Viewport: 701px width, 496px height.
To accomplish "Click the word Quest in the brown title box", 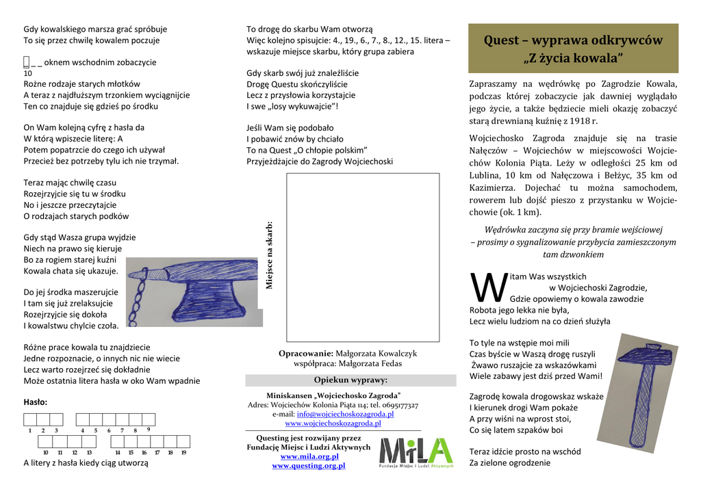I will point(502,40).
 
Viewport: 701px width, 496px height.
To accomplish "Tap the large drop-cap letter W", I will point(489,287).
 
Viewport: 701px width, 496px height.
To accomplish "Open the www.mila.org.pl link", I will point(309,456).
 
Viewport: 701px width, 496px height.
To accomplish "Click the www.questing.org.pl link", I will point(309,465).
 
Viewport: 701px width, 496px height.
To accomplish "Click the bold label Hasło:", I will point(36,402).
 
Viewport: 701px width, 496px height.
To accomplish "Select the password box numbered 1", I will point(30,420).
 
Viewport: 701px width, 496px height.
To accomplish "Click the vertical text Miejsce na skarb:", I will point(269,254).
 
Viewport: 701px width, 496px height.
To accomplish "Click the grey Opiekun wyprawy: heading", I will point(350,380).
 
